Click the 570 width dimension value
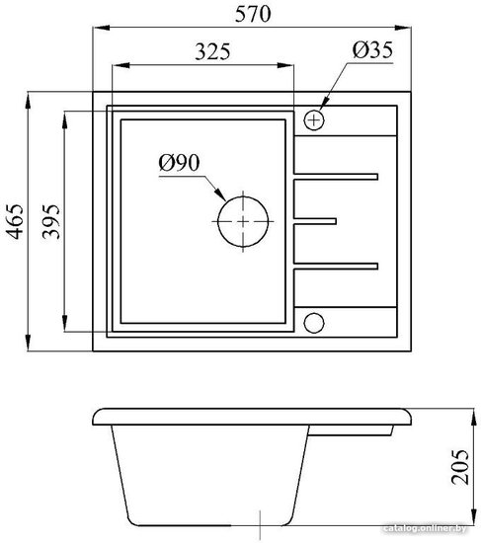pyautogui.click(x=253, y=14)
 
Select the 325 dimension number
pyautogui.click(x=212, y=51)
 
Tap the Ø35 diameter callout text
pyautogui.click(x=372, y=50)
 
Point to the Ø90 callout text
pyautogui.click(x=179, y=163)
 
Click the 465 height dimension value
pyautogui.click(x=15, y=221)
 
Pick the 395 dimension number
pyautogui.click(x=50, y=221)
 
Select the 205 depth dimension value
pyautogui.click(x=459, y=467)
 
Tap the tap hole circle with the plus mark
pyautogui.click(x=314, y=120)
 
